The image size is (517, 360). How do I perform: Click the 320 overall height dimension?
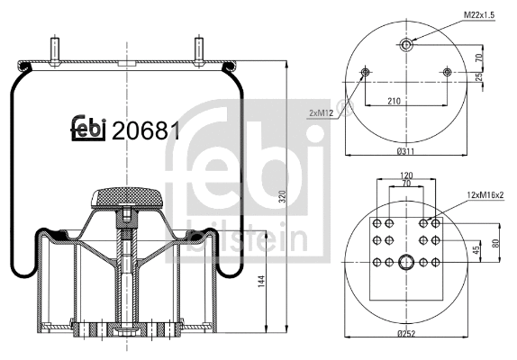coord(281,198)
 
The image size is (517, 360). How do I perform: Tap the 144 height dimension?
coord(262,282)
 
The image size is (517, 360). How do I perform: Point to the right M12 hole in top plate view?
coord(448,72)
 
